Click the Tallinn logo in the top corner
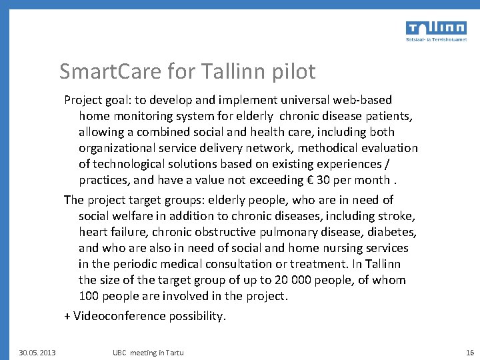click(436, 30)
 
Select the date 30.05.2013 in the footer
click(37, 352)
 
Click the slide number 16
click(469, 352)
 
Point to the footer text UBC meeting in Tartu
click(148, 352)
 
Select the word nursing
click(349, 248)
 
